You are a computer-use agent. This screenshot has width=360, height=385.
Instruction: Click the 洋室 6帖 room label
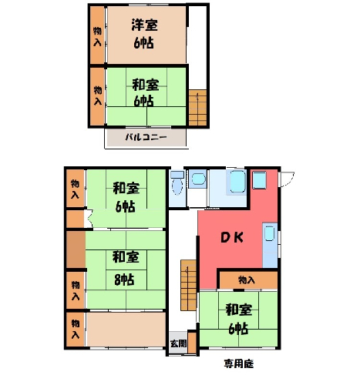pyautogui.click(x=144, y=34)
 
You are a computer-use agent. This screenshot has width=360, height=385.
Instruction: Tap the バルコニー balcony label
pyautogui.click(x=146, y=137)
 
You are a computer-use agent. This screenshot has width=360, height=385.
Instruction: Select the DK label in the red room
pyautogui.click(x=232, y=238)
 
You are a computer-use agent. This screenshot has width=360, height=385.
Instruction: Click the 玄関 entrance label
pyautogui.click(x=178, y=343)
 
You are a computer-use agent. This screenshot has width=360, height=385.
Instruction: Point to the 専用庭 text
pyautogui.click(x=239, y=363)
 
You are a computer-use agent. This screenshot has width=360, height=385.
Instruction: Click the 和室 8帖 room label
pyautogui.click(x=125, y=268)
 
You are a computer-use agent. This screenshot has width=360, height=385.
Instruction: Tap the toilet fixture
pyautogui.click(x=177, y=184)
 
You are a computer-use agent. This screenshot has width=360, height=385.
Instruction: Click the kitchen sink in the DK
pyautogui.click(x=269, y=233)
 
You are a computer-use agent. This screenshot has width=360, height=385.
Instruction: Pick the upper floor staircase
pyautogui.click(x=198, y=108)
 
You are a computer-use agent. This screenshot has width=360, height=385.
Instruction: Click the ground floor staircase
pyautogui.click(x=189, y=285)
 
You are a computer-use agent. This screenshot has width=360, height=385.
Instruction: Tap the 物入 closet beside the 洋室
pyautogui.click(x=97, y=35)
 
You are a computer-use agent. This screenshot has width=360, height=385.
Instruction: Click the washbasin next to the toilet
pyautogui.click(x=198, y=179)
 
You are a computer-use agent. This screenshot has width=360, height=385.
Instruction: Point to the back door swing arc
pyautogui.click(x=290, y=180)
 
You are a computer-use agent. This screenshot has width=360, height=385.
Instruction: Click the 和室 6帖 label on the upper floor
pyautogui.click(x=145, y=92)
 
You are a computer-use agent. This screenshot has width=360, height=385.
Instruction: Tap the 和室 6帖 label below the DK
pyautogui.click(x=238, y=320)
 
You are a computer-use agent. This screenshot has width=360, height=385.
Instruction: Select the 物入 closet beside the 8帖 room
pyautogui.click(x=76, y=290)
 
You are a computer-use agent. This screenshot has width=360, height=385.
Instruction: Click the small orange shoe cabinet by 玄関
pyautogui.click(x=192, y=343)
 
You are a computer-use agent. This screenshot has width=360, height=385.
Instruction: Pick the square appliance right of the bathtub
pyautogui.click(x=259, y=180)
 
